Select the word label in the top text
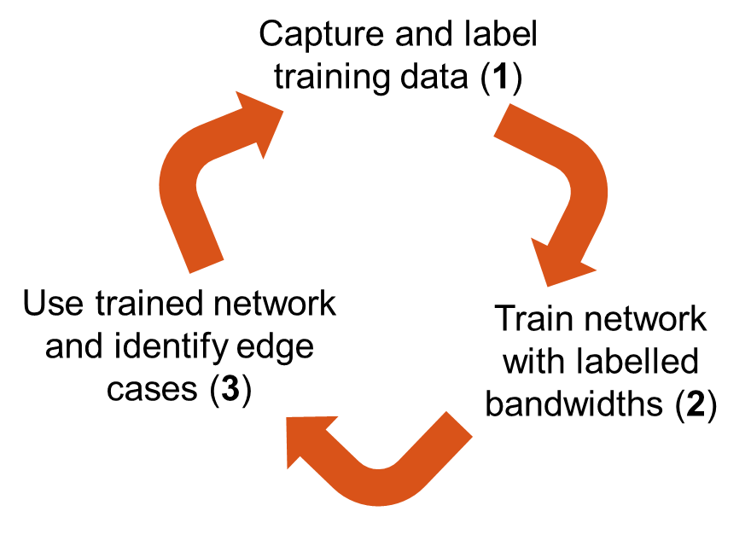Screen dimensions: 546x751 [507, 37]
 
